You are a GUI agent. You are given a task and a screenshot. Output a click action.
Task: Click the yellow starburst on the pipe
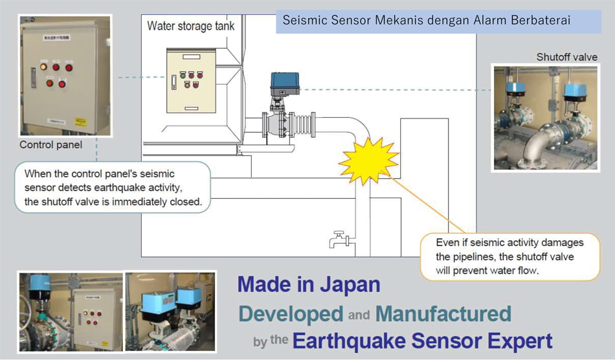pos(368,160)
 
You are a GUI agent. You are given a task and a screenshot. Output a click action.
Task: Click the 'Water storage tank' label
pos(191,27)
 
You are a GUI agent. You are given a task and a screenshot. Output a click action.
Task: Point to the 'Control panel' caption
pos(50,145)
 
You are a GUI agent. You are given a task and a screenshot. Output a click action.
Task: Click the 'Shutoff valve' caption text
pos(566,57)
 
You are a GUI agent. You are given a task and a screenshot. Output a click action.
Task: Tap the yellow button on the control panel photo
pos(44,67)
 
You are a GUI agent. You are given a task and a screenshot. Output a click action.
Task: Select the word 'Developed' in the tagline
pos(291,313)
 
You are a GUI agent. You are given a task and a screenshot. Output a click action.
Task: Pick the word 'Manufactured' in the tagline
pos(443,313)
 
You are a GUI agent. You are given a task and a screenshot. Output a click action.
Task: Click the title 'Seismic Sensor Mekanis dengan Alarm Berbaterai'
pos(427,20)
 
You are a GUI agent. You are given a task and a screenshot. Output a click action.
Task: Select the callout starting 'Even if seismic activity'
pos(510,256)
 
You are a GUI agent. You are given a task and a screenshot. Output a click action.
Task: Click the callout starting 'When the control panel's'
pos(113,188)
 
